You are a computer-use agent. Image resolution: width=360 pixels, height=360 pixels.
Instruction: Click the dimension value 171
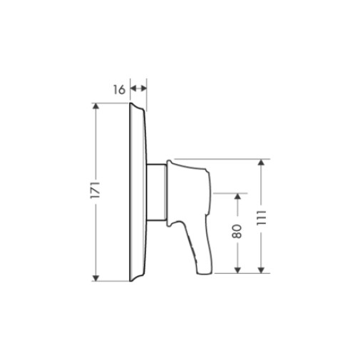coord(96,190)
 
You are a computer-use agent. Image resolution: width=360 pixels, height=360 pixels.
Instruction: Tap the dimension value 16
coord(119,90)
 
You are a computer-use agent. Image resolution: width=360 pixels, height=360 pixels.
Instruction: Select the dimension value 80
coord(237,231)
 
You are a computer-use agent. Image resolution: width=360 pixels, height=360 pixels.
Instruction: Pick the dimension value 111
coord(261,217)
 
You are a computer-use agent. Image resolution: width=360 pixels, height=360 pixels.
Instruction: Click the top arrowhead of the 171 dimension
coord(96,106)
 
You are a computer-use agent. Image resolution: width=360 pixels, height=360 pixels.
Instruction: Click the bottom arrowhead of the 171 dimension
coord(96,278)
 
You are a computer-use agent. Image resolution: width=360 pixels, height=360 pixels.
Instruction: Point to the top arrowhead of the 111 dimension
coord(261,162)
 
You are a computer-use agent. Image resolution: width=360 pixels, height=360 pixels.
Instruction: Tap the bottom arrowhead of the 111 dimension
coord(261,270)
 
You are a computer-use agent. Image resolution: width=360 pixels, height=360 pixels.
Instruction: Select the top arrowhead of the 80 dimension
coord(237,196)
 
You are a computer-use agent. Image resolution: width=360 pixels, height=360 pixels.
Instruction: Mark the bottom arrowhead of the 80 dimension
coord(237,270)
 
